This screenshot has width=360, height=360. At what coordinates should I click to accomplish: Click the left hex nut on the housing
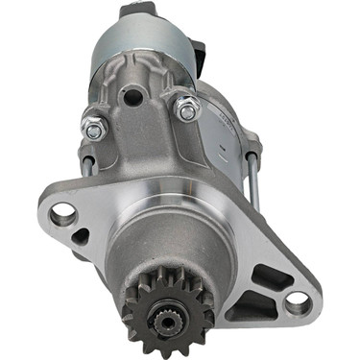click(x=94, y=124)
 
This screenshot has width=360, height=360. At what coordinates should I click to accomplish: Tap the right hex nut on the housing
click(x=188, y=110)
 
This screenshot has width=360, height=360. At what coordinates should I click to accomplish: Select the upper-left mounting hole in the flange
click(x=62, y=213)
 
